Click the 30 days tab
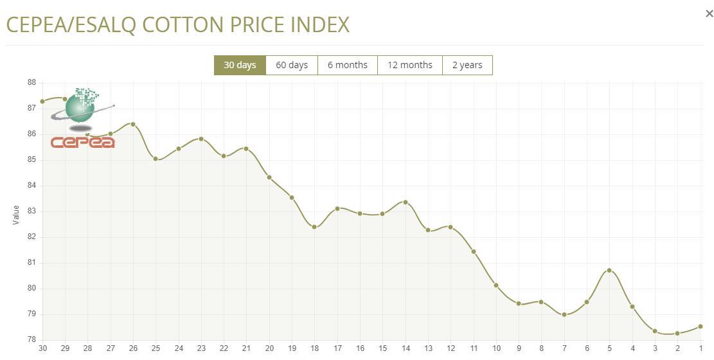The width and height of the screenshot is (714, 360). [x=240, y=65]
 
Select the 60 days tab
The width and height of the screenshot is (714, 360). [x=292, y=65]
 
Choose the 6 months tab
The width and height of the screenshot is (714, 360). [x=348, y=65]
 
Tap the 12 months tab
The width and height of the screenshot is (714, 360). [x=410, y=65]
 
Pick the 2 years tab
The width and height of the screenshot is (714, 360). [x=467, y=65]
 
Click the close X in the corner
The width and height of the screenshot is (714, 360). [x=710, y=14]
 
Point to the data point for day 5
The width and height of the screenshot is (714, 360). [x=609, y=270]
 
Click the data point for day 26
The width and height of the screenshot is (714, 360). [x=133, y=124]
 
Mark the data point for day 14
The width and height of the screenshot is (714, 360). [x=406, y=203]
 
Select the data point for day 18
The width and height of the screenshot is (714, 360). [x=314, y=227]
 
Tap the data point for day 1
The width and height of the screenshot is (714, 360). [x=701, y=327]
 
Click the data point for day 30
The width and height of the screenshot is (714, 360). [x=42, y=102]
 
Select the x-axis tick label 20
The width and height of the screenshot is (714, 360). [x=269, y=348]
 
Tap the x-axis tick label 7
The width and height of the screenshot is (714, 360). [x=564, y=348]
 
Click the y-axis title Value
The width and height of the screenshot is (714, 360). [x=16, y=215]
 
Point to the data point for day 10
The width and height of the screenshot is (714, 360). [x=496, y=285]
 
